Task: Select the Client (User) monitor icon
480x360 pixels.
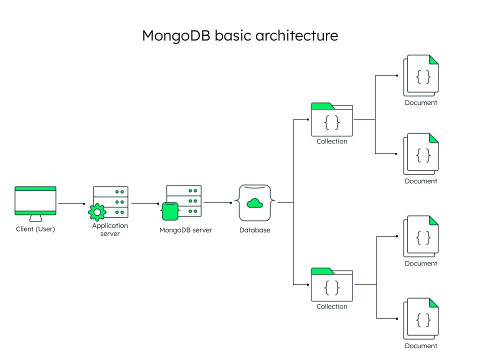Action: coord(35,201)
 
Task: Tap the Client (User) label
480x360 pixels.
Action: coord(35,229)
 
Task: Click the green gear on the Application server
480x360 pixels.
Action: coord(96,212)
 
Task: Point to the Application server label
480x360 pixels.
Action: coord(110,229)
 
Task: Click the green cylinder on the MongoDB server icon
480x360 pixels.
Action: coord(170,211)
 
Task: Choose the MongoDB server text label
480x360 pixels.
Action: coord(185,230)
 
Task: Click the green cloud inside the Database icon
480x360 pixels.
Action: coord(255,203)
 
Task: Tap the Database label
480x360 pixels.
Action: coord(254,230)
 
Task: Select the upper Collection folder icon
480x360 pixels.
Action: coord(332,120)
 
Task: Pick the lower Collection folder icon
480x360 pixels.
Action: coord(332,285)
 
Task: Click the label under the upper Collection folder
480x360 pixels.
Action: coord(331,141)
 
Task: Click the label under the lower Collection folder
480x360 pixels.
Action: coord(331,306)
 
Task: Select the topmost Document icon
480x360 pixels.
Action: coord(421,75)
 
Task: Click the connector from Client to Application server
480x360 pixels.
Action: coord(71,203)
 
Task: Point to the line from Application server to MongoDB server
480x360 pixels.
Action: coord(145,203)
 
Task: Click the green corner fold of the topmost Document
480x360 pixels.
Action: coord(433,59)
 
